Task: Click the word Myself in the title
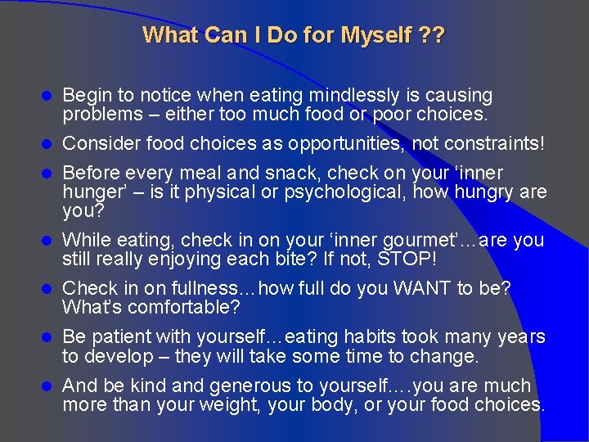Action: pos(375,35)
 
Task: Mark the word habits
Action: pos(357,336)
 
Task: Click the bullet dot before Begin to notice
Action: pos(47,97)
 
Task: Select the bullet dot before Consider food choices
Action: pos(47,144)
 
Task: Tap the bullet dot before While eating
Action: pos(47,241)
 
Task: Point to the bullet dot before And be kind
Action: pos(47,386)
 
